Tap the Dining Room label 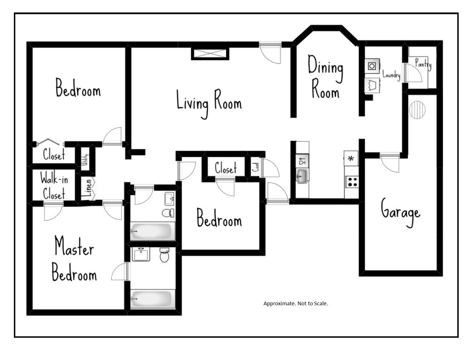[x=325, y=76]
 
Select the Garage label [x=401, y=212]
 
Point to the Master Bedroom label [x=74, y=258]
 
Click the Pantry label [x=423, y=64]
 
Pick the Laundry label [x=391, y=76]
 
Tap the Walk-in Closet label [x=54, y=185]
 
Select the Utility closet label [x=86, y=159]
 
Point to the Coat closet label [x=256, y=167]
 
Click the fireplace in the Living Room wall [x=210, y=54]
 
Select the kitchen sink [x=302, y=176]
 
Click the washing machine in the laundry [x=372, y=66]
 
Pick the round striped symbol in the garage [x=417, y=110]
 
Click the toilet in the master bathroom [x=164, y=255]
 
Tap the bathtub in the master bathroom [x=152, y=299]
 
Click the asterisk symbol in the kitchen [x=351, y=159]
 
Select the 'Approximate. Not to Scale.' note [x=296, y=303]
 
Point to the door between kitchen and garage [x=390, y=162]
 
